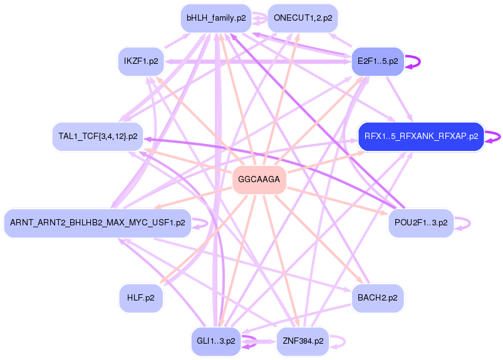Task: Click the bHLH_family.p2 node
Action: click(x=216, y=18)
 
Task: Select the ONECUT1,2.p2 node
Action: click(x=303, y=18)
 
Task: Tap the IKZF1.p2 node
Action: click(x=141, y=61)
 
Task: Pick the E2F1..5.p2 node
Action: click(x=377, y=61)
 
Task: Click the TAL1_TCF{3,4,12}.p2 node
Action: click(x=98, y=136)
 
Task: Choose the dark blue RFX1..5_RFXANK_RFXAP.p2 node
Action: click(x=421, y=136)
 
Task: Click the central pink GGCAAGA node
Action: click(x=259, y=180)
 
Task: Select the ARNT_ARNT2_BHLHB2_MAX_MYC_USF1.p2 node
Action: click(x=98, y=223)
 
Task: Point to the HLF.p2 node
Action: click(x=141, y=298)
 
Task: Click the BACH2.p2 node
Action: click(x=377, y=298)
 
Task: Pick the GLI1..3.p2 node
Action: click(x=216, y=341)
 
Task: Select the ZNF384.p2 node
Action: click(x=303, y=341)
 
